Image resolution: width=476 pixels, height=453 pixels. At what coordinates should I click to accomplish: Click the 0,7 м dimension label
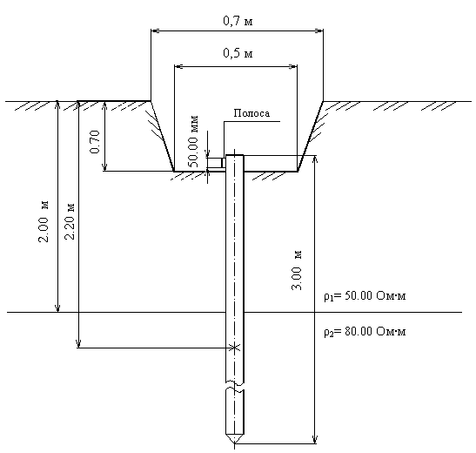238,21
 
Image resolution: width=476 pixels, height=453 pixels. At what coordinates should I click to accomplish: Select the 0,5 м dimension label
238,53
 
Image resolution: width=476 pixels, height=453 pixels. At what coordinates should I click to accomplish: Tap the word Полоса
251,113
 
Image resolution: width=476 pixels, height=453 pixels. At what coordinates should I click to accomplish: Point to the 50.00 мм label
193,142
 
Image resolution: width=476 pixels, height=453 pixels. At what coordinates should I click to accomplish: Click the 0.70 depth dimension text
96,142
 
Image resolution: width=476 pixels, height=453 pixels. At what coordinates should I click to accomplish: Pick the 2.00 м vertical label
44,221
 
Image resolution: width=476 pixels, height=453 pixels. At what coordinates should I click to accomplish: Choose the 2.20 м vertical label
70,221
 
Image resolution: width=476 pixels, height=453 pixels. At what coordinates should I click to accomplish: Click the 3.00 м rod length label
297,270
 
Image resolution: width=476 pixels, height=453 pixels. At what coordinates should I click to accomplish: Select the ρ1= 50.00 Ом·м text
365,296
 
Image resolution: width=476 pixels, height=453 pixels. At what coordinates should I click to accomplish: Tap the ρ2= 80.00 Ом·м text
365,331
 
